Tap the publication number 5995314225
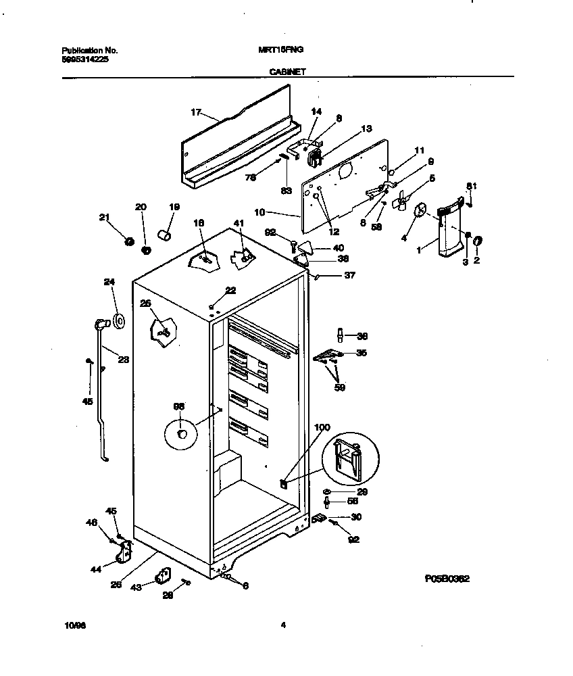coord(84,59)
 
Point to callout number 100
coord(323,427)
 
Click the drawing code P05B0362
coord(447,579)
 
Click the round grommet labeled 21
coord(129,241)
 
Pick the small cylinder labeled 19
coord(164,234)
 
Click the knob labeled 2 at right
coord(476,241)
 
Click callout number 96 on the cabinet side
coord(179,406)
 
